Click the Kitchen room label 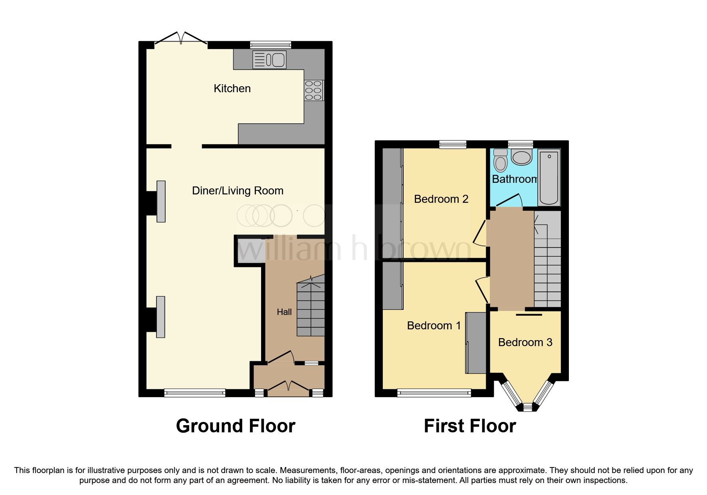[232, 88]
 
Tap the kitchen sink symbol [270, 60]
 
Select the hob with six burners [314, 91]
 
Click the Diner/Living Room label [238, 191]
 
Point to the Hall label [284, 312]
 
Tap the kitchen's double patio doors [181, 39]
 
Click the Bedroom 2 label [441, 199]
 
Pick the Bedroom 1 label [434, 325]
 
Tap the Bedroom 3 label [525, 342]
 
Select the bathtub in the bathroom [549, 177]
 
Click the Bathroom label [514, 179]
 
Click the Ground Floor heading [236, 426]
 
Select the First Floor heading [469, 426]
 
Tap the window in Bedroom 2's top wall [453, 145]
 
